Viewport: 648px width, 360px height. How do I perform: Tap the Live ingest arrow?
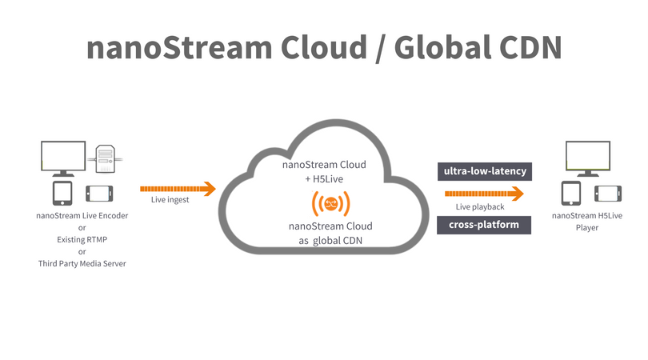pyautogui.click(x=178, y=189)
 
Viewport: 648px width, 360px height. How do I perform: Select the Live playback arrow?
pyautogui.click(x=484, y=194)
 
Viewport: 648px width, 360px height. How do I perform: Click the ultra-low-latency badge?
pyautogui.click(x=483, y=171)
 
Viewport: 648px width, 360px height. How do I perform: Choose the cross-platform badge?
pyautogui.click(x=483, y=224)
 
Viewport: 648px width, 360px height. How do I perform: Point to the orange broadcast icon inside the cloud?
pyautogui.click(x=324, y=202)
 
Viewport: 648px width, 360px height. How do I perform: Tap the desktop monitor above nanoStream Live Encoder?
pyautogui.click(x=64, y=158)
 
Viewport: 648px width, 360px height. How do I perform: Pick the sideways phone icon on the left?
pyautogui.click(x=99, y=194)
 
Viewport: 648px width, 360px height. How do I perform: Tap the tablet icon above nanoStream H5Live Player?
pyautogui.click(x=570, y=194)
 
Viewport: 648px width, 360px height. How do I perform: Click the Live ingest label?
pyautogui.click(x=170, y=200)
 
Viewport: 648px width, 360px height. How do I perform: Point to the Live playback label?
pyautogui.click(x=480, y=208)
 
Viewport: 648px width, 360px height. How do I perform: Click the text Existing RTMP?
pyautogui.click(x=82, y=239)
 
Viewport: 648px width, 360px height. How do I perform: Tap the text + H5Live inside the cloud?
pyautogui.click(x=324, y=179)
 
